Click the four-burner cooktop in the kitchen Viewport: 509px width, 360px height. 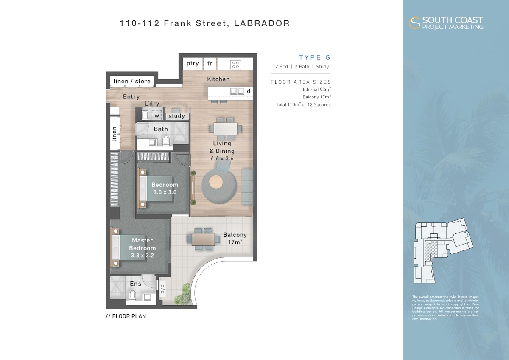pyautogui.click(x=235, y=65)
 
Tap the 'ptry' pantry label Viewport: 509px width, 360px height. pyautogui.click(x=193, y=63)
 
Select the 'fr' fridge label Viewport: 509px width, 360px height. pyautogui.click(x=210, y=63)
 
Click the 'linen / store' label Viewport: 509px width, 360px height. pyautogui.click(x=132, y=81)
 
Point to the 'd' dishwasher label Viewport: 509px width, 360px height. pyautogui.click(x=249, y=91)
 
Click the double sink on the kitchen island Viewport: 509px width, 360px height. pyautogui.click(x=237, y=91)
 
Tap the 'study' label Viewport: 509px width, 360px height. pyautogui.click(x=176, y=116)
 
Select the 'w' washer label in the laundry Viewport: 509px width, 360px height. pyautogui.click(x=157, y=115)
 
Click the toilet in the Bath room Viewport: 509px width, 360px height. pyautogui.click(x=166, y=141)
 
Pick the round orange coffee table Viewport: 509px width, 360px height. pyautogui.click(x=216, y=182)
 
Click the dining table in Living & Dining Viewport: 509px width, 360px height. pyautogui.click(x=225, y=129)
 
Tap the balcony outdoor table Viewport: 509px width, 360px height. pyautogui.click(x=203, y=239)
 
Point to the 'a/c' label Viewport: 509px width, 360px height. pyautogui.click(x=162, y=289)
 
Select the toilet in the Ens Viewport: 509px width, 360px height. pyautogui.click(x=132, y=295)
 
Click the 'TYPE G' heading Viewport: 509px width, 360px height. pyautogui.click(x=314, y=58)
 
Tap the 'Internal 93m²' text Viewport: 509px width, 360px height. pyautogui.click(x=316, y=90)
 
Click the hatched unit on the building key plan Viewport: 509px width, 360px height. pyautogui.click(x=431, y=250)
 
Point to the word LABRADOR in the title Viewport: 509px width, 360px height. pyautogui.click(x=262, y=23)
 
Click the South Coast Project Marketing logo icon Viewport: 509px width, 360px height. pyautogui.click(x=414, y=23)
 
